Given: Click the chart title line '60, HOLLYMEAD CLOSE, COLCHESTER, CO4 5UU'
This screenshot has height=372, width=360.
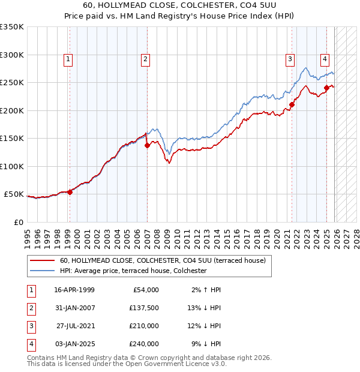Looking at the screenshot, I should coord(180,6).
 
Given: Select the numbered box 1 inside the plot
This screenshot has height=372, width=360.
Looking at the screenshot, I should coord(68,59).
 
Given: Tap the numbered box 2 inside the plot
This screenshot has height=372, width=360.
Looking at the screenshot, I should coord(146,59).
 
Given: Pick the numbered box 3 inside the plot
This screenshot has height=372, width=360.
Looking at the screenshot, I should coord(290,59).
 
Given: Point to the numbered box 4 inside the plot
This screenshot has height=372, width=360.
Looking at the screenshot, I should coord(324,59).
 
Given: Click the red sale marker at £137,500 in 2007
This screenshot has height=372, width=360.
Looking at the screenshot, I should coord(148,145).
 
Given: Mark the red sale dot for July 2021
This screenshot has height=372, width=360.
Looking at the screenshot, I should coord(292,104).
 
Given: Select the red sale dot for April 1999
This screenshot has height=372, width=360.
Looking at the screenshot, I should coord(70,192).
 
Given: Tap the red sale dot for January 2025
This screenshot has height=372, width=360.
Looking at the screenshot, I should coord(327,88).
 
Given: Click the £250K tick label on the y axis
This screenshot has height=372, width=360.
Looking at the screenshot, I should coord(12,83).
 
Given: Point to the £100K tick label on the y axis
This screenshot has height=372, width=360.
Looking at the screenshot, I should coord(12,166).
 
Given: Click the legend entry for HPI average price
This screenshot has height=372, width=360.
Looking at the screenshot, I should coord(133,271).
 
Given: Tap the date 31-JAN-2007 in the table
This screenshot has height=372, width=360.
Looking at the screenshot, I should coord(74,308).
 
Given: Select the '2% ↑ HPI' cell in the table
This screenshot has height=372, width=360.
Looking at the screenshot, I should coord(204,290).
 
